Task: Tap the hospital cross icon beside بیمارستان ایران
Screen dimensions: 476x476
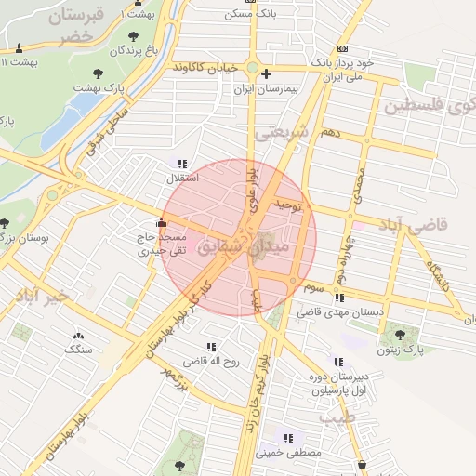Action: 267,73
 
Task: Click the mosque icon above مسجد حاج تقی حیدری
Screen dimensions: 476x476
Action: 163,222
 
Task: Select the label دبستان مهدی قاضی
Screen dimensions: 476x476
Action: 329,313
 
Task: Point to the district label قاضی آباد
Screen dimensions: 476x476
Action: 416,225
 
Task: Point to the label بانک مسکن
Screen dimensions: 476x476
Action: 252,16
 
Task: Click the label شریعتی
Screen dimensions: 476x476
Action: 280,132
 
